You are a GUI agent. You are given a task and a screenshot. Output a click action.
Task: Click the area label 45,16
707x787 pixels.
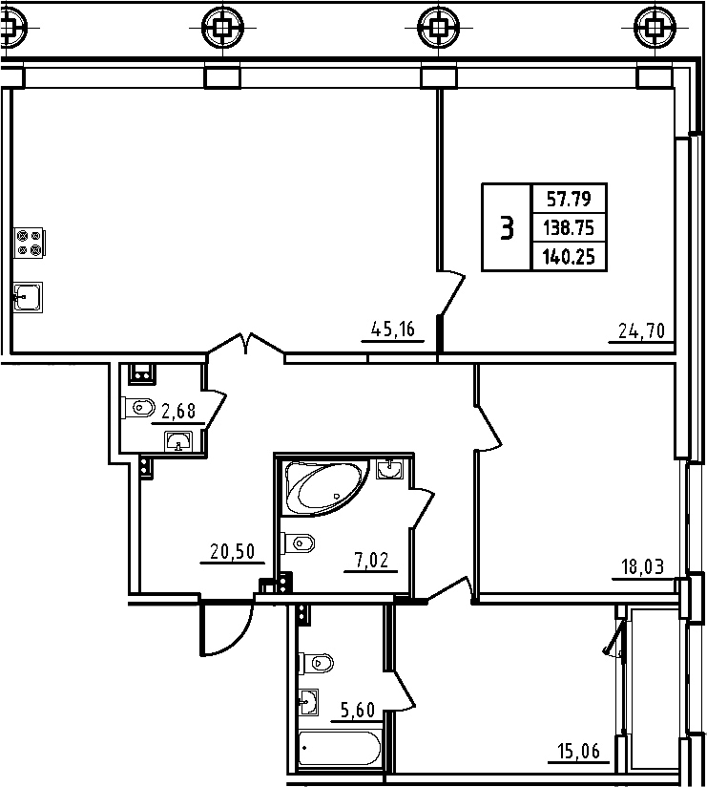pos(393,330)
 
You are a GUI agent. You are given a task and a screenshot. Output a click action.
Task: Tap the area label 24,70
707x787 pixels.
pos(641,330)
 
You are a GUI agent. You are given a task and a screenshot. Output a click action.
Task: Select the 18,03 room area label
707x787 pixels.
pos(642,566)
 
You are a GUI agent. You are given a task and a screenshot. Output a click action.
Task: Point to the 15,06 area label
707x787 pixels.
pos(578,752)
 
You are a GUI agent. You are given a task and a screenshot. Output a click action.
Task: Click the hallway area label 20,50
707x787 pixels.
pos(232,552)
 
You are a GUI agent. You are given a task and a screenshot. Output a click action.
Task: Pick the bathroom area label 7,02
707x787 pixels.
pos(371,560)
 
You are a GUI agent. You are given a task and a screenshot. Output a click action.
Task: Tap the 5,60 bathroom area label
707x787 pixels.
pos(358,711)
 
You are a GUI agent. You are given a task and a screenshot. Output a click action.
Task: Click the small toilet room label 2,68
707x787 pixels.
pos(178,411)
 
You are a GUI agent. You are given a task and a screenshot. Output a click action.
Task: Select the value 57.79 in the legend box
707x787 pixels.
pos(569,200)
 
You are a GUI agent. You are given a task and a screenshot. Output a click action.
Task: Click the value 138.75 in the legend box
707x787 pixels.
pos(569,228)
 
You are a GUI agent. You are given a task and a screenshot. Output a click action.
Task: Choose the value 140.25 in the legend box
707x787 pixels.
pos(569,257)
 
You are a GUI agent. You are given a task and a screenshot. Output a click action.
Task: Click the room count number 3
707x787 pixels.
pos(507,228)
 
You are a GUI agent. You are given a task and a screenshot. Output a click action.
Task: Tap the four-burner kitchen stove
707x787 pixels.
pos(29,243)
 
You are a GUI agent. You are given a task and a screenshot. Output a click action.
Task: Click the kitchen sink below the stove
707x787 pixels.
pos(28,297)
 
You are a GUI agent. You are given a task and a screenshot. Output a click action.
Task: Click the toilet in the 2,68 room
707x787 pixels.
pos(138,407)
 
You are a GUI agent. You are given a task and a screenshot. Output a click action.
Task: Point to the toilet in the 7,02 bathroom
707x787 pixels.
pos(299,543)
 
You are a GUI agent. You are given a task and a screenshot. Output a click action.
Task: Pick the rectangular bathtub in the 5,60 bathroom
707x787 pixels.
pos(340,749)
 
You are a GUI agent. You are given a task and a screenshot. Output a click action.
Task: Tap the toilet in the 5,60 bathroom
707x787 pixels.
pos(317,663)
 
